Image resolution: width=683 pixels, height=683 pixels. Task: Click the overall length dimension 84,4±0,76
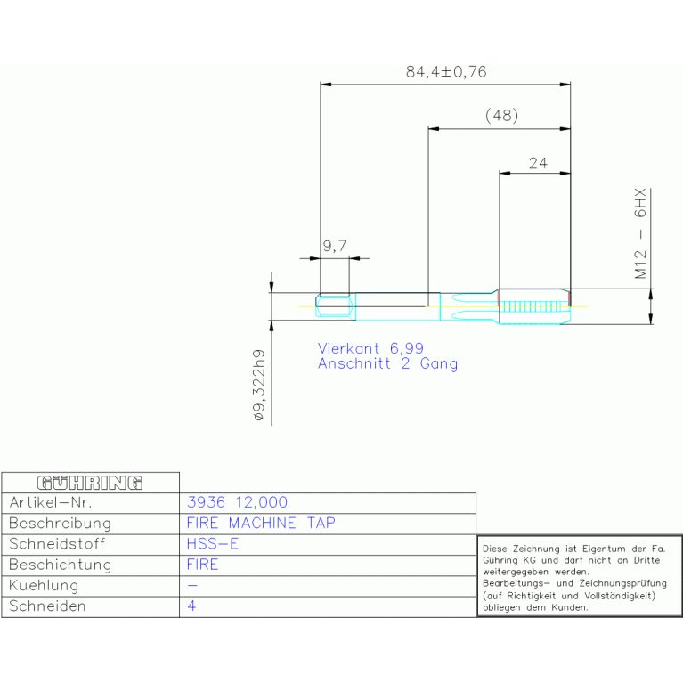[446, 72]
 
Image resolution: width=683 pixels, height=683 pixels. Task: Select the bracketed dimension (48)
[502, 116]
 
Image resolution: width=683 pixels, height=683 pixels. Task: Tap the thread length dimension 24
[538, 163]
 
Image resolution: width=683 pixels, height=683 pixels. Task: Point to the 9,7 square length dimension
[335, 246]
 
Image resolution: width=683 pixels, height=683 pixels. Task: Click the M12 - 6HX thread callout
[640, 233]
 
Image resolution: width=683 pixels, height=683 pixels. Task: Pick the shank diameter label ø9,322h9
[259, 385]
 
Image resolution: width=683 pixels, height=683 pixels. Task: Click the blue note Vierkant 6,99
[370, 348]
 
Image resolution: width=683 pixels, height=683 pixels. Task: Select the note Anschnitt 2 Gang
[387, 363]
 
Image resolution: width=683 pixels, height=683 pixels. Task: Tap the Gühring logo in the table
[90, 483]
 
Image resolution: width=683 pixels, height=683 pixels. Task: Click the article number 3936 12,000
[237, 502]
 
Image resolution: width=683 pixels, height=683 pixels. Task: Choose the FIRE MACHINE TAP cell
[261, 523]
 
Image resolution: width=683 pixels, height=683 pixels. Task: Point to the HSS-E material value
[213, 543]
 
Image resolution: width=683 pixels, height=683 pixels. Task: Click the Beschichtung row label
[61, 565]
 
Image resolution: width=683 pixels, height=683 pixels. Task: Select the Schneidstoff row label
[57, 543]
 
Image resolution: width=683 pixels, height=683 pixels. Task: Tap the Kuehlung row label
[44, 585]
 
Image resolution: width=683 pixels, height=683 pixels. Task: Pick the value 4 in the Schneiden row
[191, 606]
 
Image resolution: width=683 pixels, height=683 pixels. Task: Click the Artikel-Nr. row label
[51, 502]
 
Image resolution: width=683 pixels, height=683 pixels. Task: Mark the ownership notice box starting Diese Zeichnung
[580, 576]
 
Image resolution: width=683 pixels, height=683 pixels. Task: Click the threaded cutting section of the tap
[534, 306]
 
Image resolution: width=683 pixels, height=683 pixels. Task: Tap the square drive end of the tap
[335, 306]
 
